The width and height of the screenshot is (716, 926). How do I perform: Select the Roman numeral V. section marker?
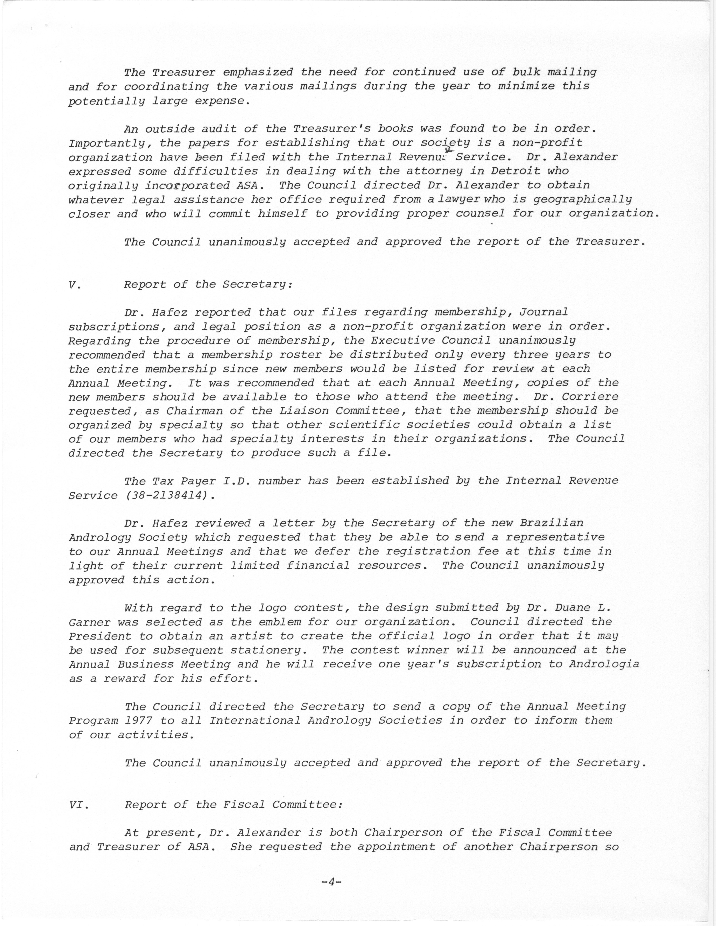click(x=74, y=285)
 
